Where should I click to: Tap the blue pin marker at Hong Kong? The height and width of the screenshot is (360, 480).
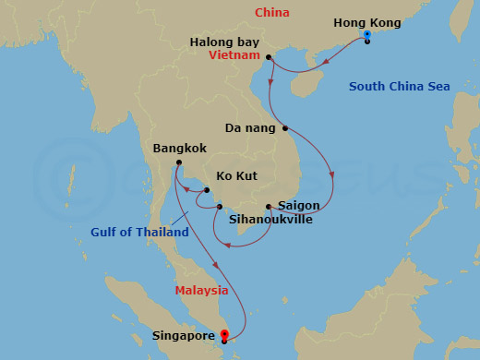(x=366, y=36)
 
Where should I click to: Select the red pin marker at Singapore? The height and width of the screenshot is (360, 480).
(x=223, y=335)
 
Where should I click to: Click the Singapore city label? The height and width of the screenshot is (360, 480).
(x=185, y=337)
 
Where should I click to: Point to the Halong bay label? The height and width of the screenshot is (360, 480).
(x=223, y=42)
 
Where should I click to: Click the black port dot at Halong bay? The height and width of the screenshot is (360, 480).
(x=269, y=58)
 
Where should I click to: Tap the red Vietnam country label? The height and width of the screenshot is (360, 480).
(x=234, y=55)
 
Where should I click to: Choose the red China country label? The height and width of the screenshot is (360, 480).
(x=272, y=13)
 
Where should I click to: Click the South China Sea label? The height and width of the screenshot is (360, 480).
(x=399, y=87)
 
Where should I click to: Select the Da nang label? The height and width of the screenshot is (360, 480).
(x=250, y=128)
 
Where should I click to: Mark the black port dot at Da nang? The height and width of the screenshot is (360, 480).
(x=285, y=128)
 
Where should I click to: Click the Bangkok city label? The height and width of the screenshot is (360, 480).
(x=180, y=148)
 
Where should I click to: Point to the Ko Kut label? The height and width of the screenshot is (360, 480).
(x=237, y=174)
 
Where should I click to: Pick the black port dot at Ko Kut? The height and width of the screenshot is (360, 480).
(x=208, y=190)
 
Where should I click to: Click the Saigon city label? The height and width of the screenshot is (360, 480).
(x=297, y=205)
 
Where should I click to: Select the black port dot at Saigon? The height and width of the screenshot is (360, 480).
(x=269, y=206)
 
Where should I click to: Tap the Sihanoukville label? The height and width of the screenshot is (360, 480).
(x=270, y=220)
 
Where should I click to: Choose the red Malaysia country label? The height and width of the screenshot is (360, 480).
(x=201, y=290)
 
